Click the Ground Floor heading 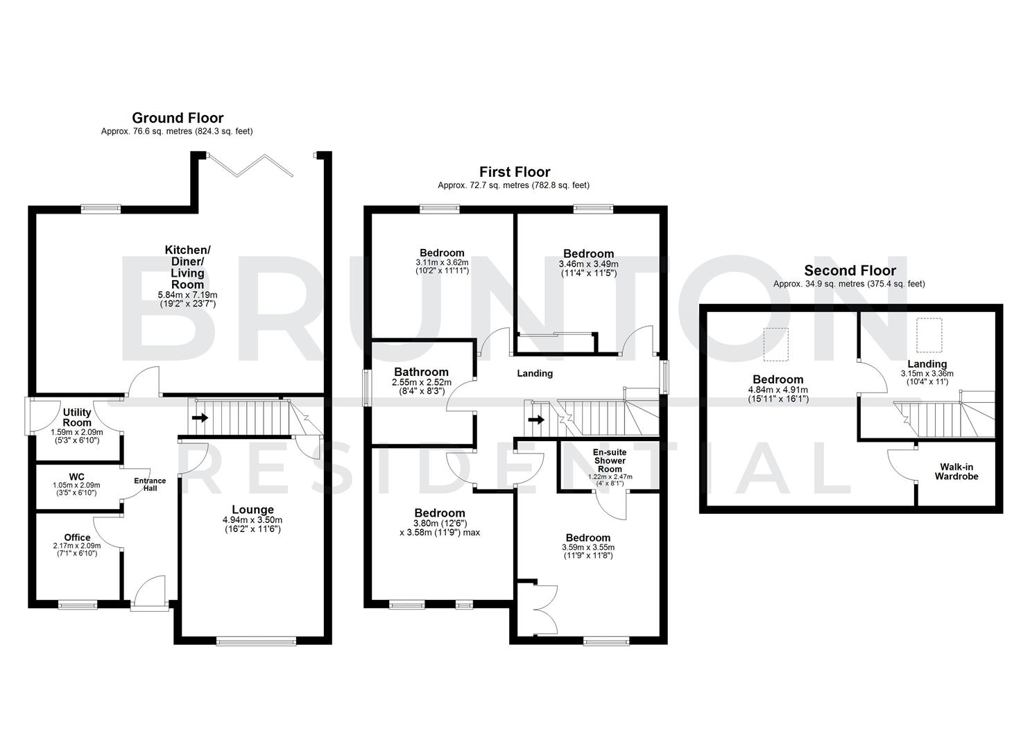(178, 118)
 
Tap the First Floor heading (515, 172)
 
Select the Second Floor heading (850, 270)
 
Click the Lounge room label (252, 510)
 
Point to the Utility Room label (77, 417)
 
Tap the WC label (76, 476)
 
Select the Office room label (77, 537)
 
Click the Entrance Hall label (150, 484)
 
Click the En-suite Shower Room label (610, 460)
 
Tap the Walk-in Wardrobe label (956, 472)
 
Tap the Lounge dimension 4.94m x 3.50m (252, 520)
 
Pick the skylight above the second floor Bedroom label (776, 345)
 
